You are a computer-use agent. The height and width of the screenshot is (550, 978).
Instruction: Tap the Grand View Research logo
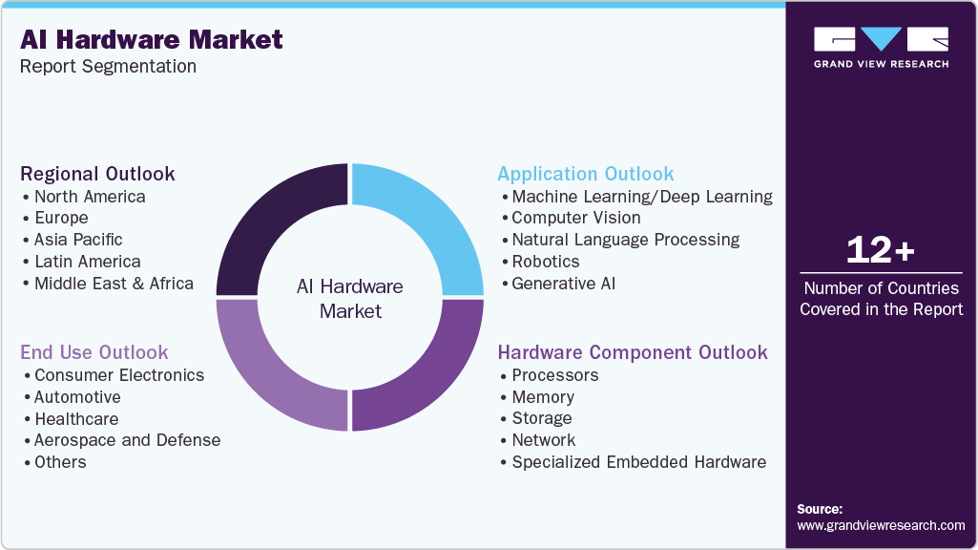[x=881, y=47]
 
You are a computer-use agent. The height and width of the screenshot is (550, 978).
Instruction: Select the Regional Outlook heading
[x=97, y=174]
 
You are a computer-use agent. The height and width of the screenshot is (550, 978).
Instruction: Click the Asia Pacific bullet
[x=77, y=240]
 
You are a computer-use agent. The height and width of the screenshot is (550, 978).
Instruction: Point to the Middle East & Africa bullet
[x=113, y=284]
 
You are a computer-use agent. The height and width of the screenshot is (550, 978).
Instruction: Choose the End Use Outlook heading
[x=94, y=352]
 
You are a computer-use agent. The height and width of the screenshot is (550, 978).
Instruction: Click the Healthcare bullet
[x=75, y=419]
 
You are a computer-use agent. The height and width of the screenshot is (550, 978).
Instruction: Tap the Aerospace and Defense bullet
[x=126, y=440]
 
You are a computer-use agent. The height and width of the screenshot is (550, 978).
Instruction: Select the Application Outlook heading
[x=585, y=174]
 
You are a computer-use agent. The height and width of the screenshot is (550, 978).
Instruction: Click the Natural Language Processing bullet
[x=625, y=240]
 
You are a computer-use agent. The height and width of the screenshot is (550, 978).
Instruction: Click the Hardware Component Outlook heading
[x=632, y=352]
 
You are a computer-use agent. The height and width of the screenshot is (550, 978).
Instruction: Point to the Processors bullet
[x=554, y=375]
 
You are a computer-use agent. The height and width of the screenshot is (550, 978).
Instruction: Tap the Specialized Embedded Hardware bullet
[x=638, y=462]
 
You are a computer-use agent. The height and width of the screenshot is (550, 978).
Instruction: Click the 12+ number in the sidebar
[x=881, y=251]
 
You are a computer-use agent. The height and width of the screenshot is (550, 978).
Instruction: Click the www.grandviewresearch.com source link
[x=881, y=525]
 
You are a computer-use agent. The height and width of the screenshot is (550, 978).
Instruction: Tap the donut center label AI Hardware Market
[x=350, y=299]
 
